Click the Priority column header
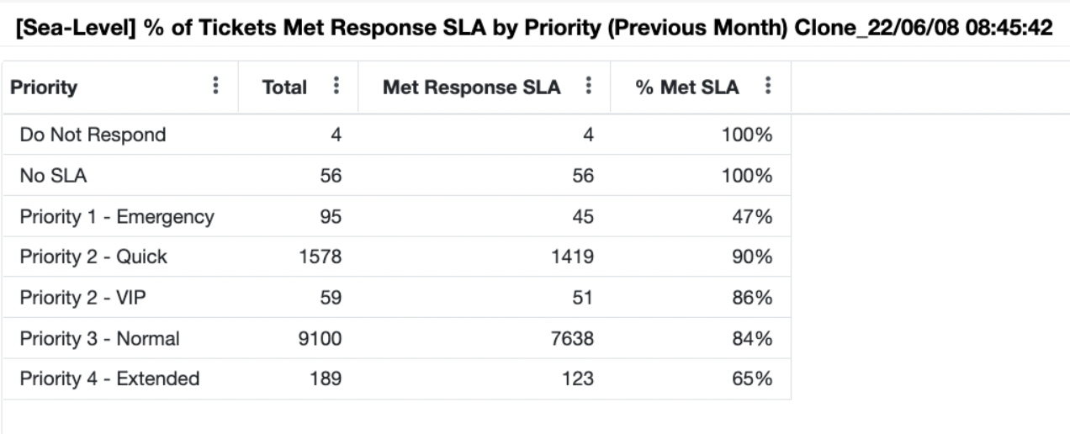click(x=44, y=87)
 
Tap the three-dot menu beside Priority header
click(x=216, y=86)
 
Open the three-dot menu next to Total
click(x=336, y=86)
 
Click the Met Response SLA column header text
click(x=471, y=87)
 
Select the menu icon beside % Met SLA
click(x=768, y=86)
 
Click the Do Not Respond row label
click(x=93, y=135)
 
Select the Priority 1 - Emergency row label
click(x=117, y=216)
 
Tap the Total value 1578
click(x=321, y=257)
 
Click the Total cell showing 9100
click(x=321, y=338)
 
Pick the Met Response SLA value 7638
click(x=575, y=338)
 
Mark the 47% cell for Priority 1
click(x=754, y=216)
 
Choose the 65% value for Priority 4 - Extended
click(x=754, y=378)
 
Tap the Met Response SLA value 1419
click(x=575, y=257)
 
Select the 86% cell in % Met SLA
click(x=754, y=298)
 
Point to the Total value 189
click(x=326, y=378)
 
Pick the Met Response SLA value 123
click(x=580, y=378)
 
